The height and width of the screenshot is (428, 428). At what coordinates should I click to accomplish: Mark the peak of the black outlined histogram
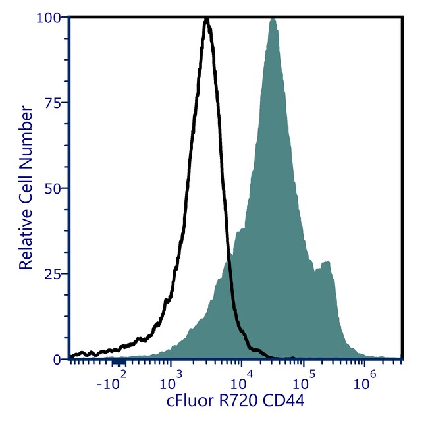(207, 20)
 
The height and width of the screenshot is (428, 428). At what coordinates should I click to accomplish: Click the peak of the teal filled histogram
(273, 20)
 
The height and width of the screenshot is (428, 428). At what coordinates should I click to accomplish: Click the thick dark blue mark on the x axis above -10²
(119, 363)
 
